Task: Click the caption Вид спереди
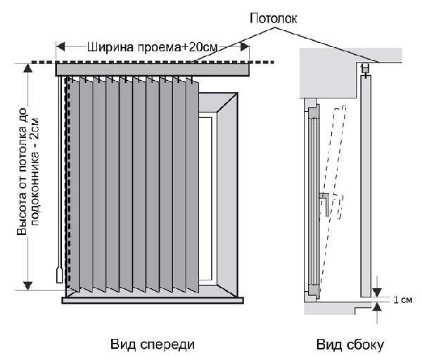pyautogui.click(x=152, y=345)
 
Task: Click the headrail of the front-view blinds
pyautogui.click(x=153, y=69)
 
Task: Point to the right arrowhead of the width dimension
pyautogui.click(x=247, y=47)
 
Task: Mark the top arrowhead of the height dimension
pyautogui.click(x=28, y=67)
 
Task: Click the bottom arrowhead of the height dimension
pyautogui.click(x=28, y=285)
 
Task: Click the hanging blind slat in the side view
pyautogui.click(x=364, y=183)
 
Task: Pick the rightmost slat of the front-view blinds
pyautogui.click(x=193, y=183)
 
